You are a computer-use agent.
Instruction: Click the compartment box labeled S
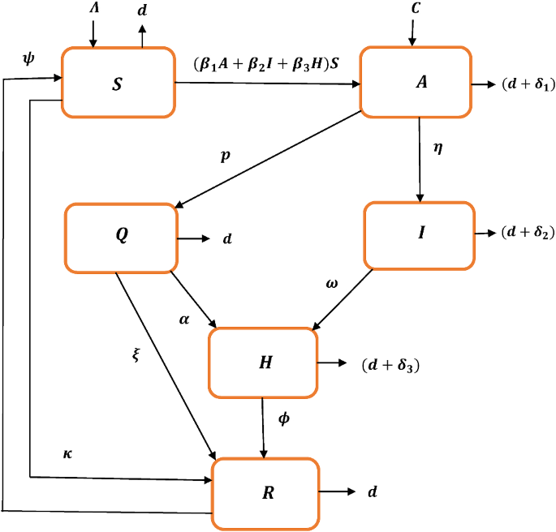118,83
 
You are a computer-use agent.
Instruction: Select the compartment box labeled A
416,82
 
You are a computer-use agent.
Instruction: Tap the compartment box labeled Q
121,238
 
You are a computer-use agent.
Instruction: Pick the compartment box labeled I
419,234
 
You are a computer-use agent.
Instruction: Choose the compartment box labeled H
265,363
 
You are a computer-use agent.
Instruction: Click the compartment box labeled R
266,491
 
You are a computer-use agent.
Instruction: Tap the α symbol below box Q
183,320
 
